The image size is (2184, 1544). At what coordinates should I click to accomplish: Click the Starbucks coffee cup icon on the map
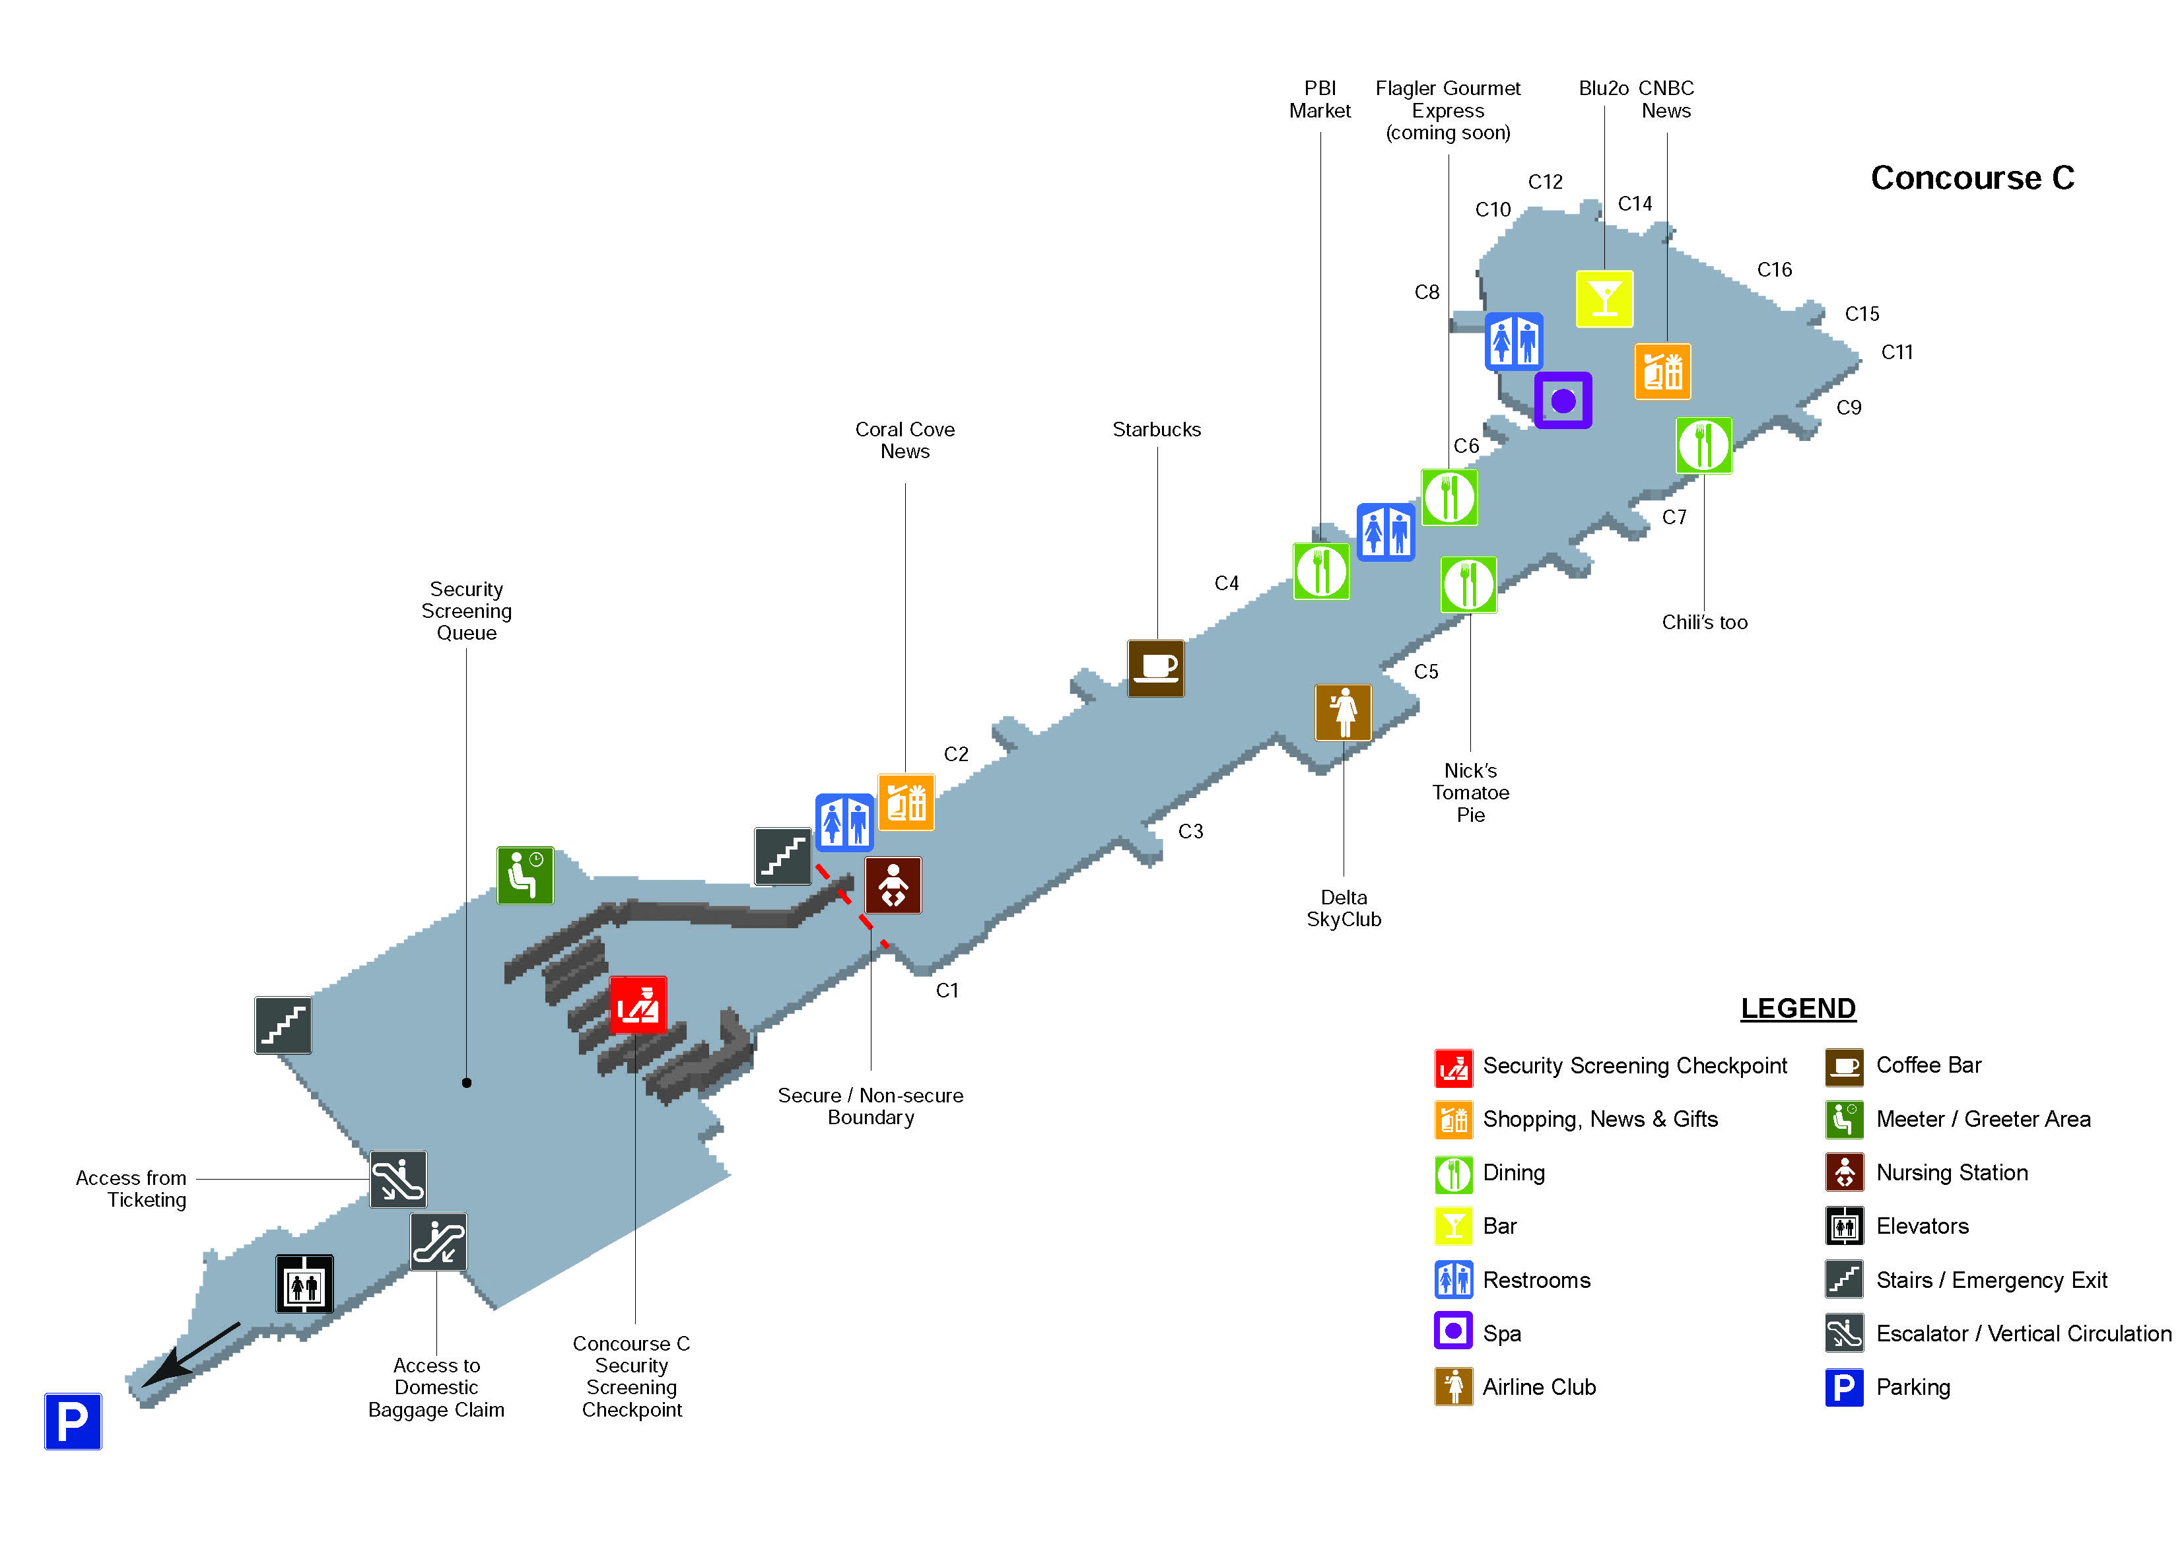pos(1156,668)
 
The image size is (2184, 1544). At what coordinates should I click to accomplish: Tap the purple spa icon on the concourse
pos(1562,401)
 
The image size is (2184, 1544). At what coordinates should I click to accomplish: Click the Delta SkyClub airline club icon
pos(1343,712)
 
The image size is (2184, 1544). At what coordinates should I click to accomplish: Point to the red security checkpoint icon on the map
pos(636,1005)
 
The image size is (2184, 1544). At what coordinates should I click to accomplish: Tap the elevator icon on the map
pos(304,1285)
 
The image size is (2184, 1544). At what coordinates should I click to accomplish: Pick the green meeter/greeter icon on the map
pos(525,874)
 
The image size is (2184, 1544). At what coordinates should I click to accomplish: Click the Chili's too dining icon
pos(1703,445)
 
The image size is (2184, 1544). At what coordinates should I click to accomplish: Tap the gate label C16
pos(1774,270)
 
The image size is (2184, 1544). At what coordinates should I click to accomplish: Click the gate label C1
pos(947,990)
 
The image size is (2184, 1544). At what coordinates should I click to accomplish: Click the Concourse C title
pos(1972,178)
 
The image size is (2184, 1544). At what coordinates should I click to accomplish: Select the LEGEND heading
pos(1798,1009)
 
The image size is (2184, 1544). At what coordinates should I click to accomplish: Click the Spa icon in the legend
pos(1452,1332)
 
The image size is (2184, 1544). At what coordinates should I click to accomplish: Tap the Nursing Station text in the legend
pos(1951,1173)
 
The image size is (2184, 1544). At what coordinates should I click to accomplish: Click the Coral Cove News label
pos(904,440)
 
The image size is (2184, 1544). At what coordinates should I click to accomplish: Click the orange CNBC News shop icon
pos(1662,371)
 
